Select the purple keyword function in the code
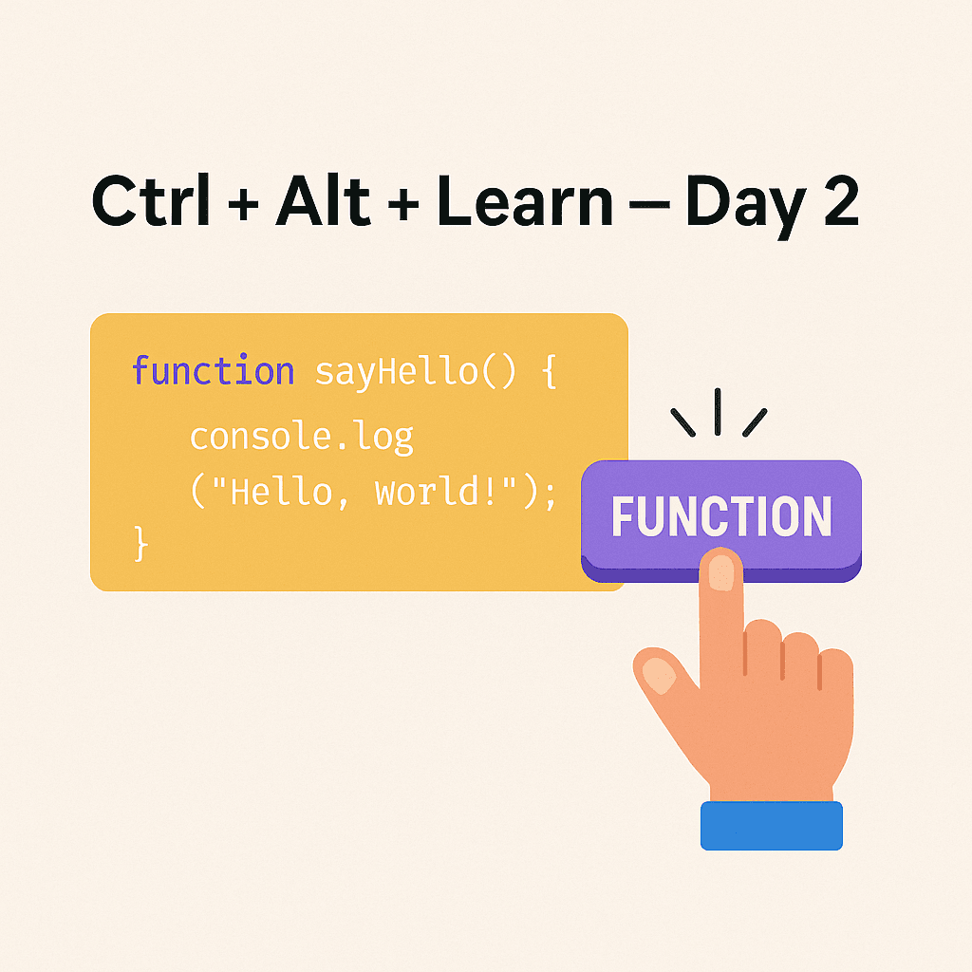tap(213, 370)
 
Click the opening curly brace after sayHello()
tap(547, 371)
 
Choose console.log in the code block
tap(302, 436)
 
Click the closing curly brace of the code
tap(141, 544)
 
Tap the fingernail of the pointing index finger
tap(722, 573)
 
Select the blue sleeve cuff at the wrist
tap(771, 825)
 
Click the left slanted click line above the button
tap(682, 422)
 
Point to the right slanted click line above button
tap(754, 422)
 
